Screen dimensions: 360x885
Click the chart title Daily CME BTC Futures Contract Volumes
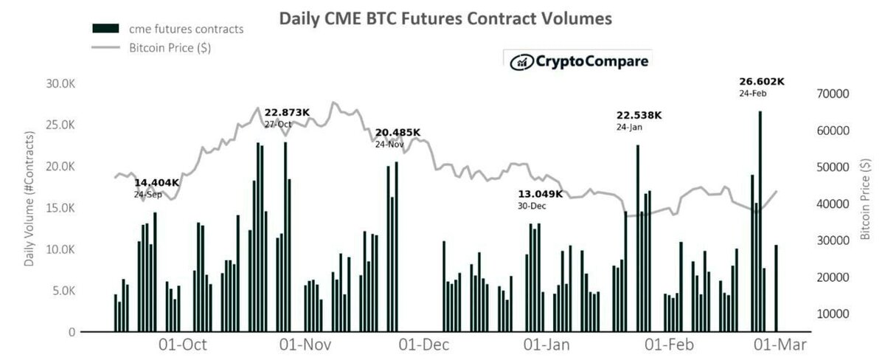[445, 18]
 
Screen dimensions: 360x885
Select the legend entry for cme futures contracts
[167, 29]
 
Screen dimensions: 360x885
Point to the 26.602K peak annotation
[763, 82]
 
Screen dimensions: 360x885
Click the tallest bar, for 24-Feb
[760, 221]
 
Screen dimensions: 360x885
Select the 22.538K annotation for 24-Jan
[639, 115]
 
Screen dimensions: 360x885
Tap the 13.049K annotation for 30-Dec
[541, 194]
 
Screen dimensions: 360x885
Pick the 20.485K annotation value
[398, 133]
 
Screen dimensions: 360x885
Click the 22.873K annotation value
[287, 113]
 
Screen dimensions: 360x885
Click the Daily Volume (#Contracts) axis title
[30, 199]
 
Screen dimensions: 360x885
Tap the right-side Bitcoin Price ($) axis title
[865, 199]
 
